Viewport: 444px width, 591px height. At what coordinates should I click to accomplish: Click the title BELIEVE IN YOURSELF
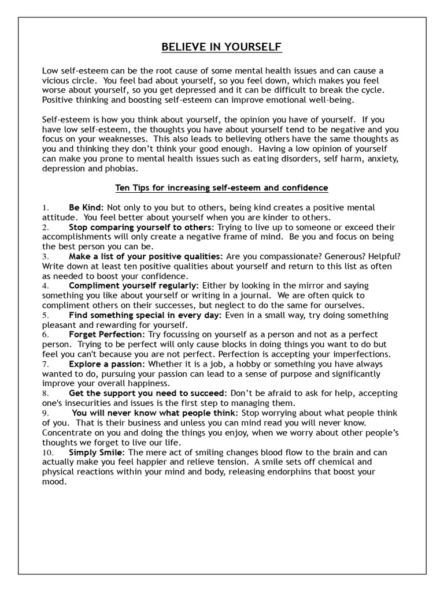click(221, 46)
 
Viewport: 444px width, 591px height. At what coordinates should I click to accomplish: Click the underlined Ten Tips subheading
click(221, 188)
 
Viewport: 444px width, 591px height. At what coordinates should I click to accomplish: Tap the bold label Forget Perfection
click(107, 334)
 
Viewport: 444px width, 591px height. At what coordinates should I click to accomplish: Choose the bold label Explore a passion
click(106, 364)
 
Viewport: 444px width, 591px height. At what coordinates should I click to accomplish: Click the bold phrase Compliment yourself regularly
click(133, 286)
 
